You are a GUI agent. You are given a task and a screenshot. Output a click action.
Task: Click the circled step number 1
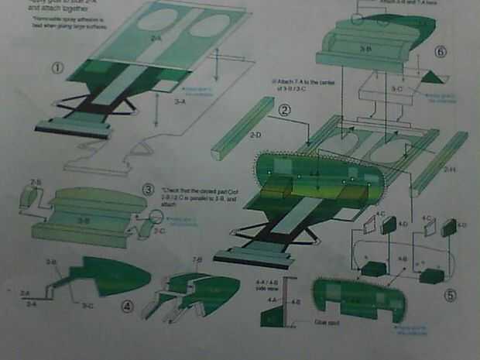57,67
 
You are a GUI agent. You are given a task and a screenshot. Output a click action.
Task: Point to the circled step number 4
128,306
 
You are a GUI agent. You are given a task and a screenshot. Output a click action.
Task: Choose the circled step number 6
441,52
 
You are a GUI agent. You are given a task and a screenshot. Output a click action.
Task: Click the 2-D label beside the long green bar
255,136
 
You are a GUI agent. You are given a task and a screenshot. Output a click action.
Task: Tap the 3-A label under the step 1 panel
180,101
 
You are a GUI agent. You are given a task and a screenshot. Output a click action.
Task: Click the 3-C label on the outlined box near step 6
396,90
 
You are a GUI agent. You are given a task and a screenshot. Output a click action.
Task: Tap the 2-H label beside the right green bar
449,169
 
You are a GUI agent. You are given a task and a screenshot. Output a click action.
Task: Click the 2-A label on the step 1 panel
156,37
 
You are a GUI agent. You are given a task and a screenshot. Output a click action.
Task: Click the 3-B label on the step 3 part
83,221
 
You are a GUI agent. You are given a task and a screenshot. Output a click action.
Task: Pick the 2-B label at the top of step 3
36,183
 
